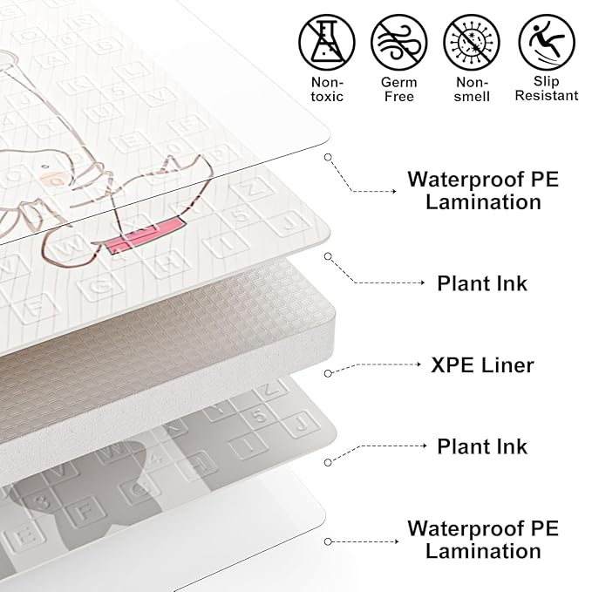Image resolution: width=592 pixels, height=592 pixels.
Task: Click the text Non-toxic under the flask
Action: click(x=327, y=89)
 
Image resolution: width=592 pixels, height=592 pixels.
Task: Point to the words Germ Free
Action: click(x=399, y=89)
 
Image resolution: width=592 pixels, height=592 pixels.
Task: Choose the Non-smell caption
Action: click(x=472, y=89)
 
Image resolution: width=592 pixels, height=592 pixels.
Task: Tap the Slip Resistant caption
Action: click(x=546, y=89)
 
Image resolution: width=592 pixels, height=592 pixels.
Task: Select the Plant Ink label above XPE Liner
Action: click(x=482, y=283)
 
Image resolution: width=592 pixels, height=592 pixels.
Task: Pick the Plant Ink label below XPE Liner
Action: click(x=482, y=446)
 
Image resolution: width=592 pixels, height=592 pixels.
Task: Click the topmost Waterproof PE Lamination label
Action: click(x=483, y=191)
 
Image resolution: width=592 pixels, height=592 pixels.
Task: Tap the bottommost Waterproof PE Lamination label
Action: click(x=483, y=540)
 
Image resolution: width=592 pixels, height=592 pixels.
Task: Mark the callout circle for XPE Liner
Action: click(x=328, y=373)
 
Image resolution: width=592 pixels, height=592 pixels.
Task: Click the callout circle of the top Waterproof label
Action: click(x=328, y=157)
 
